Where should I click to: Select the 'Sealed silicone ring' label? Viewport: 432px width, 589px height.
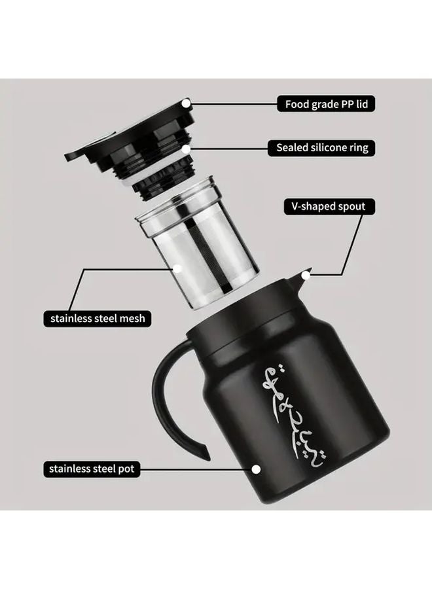point(322,148)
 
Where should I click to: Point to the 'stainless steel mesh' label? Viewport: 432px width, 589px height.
point(98,319)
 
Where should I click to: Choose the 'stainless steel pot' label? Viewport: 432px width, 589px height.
point(92,469)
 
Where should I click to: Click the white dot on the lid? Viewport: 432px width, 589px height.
point(186,103)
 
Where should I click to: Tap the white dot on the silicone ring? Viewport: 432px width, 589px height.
point(186,149)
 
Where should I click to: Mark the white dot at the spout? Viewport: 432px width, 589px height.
point(306,276)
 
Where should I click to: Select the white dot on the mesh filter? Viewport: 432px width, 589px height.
point(177,267)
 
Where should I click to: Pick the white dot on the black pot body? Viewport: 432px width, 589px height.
point(256,469)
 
